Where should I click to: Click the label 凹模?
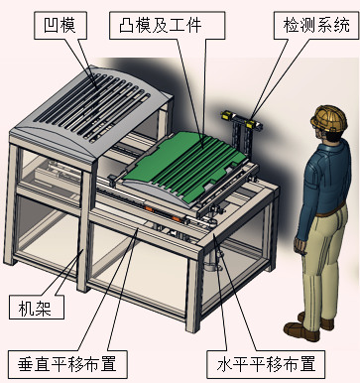click(60, 25)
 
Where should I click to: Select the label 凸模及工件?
click(160, 25)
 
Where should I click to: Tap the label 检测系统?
click(316, 25)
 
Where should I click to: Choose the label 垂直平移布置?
click(67, 364)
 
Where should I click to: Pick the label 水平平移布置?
click(266, 364)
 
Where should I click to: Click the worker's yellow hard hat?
click(329, 118)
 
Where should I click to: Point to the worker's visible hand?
click(300, 245)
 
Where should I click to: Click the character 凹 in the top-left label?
click(52, 25)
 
